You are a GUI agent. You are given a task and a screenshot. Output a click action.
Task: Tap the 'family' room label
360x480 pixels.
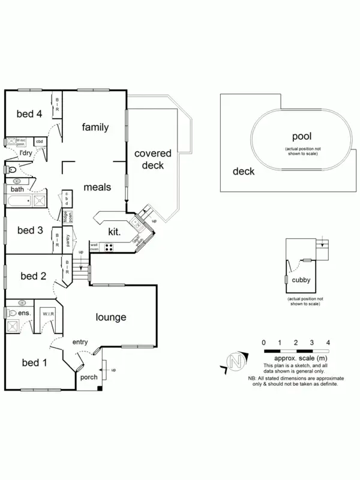click(95, 127)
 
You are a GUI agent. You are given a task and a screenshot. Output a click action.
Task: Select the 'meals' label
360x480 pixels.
click(97, 187)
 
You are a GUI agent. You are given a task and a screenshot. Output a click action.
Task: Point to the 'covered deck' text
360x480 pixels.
click(152, 160)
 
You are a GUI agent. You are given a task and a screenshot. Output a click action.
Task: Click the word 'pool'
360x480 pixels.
click(302, 137)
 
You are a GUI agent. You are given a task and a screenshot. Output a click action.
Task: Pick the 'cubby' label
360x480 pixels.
click(301, 280)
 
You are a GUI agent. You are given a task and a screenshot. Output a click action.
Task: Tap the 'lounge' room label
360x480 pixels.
click(110, 317)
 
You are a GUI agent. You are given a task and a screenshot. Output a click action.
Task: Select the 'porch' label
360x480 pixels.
click(88, 378)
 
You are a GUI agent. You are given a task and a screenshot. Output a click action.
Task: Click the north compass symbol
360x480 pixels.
click(236, 362)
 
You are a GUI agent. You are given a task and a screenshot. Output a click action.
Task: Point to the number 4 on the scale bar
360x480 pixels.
click(328, 342)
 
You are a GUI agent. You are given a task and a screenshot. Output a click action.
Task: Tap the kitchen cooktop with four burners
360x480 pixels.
click(110, 246)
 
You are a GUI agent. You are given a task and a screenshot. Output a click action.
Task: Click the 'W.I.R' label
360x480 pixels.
click(47, 314)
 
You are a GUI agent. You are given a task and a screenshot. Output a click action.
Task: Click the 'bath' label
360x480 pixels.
click(17, 190)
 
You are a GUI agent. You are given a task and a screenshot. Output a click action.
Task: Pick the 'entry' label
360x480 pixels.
click(81, 342)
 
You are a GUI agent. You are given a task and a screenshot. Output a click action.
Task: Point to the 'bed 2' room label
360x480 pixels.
click(34, 276)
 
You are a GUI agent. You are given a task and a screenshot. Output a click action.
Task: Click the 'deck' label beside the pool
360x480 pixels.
click(244, 172)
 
